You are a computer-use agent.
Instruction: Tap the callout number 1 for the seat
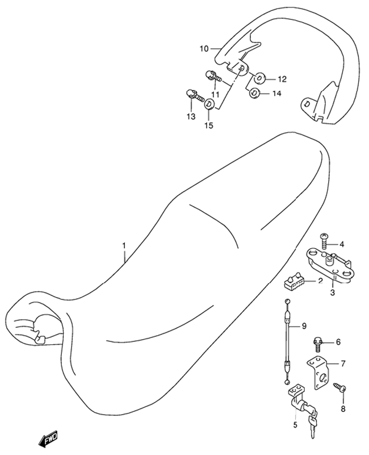(x=124, y=246)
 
